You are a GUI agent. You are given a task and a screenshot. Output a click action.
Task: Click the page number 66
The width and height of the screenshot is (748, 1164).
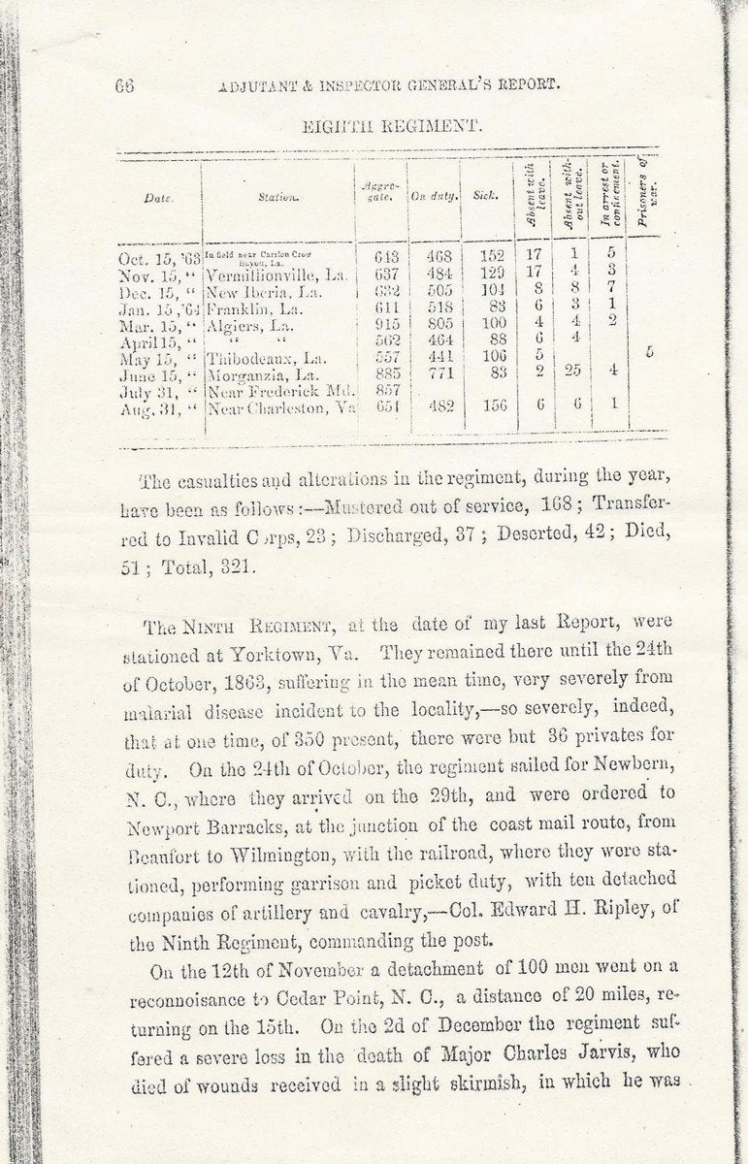[x=123, y=84]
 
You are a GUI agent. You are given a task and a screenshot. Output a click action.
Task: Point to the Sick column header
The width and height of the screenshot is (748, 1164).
[x=485, y=195]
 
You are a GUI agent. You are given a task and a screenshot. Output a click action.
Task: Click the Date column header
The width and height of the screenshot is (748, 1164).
[x=157, y=197]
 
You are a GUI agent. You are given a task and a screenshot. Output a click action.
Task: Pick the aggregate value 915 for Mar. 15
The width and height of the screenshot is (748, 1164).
[x=387, y=321]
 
